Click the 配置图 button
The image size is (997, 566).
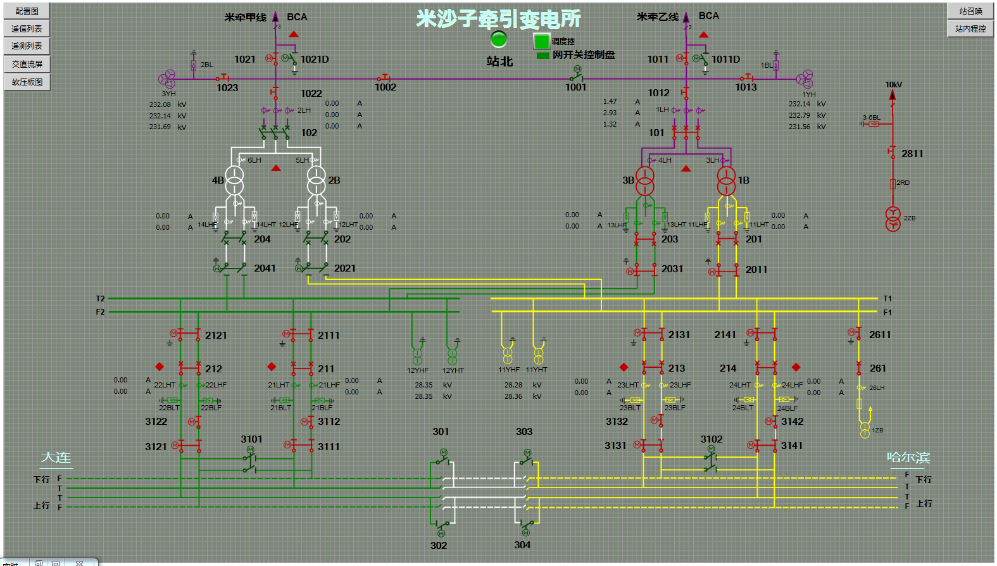tap(27, 11)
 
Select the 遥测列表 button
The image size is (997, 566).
tap(27, 46)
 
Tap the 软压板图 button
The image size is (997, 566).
tap(27, 82)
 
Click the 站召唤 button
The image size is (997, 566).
tap(970, 11)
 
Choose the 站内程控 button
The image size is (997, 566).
tap(970, 28)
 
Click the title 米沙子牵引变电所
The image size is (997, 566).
tap(498, 19)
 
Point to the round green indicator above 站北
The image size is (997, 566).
tap(499, 39)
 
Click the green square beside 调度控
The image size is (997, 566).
tap(541, 41)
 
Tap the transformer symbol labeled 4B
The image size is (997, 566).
tap(235, 180)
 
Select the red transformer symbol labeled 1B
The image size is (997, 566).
tap(726, 180)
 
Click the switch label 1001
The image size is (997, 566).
tap(576, 87)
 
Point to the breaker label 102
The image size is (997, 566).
tap(309, 133)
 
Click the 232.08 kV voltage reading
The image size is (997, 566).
tap(160, 104)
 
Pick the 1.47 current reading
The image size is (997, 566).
tap(610, 101)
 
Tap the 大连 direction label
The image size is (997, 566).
tap(56, 458)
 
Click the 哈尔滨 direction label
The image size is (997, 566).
tap(908, 458)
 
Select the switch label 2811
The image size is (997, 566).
tap(912, 154)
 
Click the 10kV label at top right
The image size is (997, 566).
tap(893, 85)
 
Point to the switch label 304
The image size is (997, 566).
tap(522, 545)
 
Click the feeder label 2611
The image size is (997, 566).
tap(880, 335)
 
